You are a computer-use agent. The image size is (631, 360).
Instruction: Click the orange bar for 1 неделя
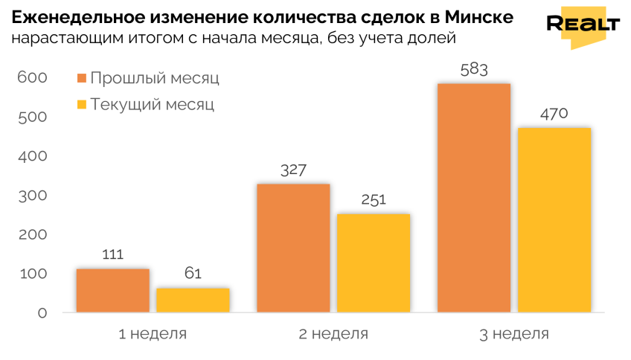(112, 290)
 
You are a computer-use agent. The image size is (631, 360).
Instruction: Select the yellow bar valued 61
(193, 300)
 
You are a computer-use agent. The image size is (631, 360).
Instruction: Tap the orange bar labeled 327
(293, 248)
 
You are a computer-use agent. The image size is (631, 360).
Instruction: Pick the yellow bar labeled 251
(374, 263)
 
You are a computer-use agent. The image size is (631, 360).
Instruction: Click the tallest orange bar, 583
(474, 198)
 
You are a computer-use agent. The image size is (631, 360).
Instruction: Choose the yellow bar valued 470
(554, 220)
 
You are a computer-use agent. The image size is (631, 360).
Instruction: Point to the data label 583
(474, 70)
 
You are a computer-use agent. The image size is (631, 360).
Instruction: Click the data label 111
(112, 254)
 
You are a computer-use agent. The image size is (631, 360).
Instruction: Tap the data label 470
(554, 114)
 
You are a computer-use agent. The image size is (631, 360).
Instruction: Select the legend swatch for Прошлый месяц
(82, 78)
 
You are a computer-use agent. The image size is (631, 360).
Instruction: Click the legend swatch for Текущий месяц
(82, 105)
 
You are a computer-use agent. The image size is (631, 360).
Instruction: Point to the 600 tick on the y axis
(32, 77)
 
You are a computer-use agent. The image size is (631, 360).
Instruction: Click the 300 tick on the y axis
(33, 196)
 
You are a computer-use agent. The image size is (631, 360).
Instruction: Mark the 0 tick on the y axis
(42, 313)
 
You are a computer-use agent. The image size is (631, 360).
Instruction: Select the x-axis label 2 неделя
(333, 334)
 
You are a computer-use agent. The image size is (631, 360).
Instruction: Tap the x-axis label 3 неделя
(514, 334)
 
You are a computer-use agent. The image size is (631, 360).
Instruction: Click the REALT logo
(583, 27)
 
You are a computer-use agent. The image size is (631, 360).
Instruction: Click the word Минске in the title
(479, 17)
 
